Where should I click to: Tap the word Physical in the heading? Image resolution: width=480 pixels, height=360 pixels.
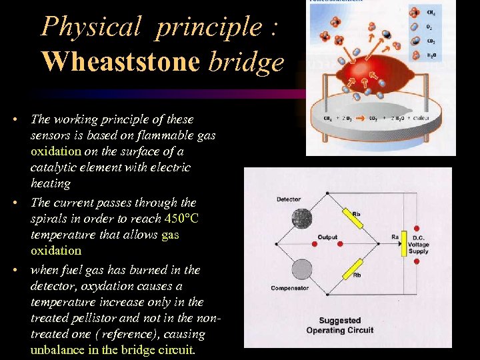[91, 27]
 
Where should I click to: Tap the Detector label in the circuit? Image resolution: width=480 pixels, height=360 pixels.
[289, 199]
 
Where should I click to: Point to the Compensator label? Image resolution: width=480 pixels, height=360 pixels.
[290, 288]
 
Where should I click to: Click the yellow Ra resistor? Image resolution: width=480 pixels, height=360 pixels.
[403, 245]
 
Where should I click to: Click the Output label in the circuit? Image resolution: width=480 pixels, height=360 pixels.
[327, 237]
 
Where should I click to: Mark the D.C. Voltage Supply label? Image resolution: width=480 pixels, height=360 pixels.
[419, 245]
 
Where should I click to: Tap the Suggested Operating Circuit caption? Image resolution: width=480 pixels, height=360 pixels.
[339, 325]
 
